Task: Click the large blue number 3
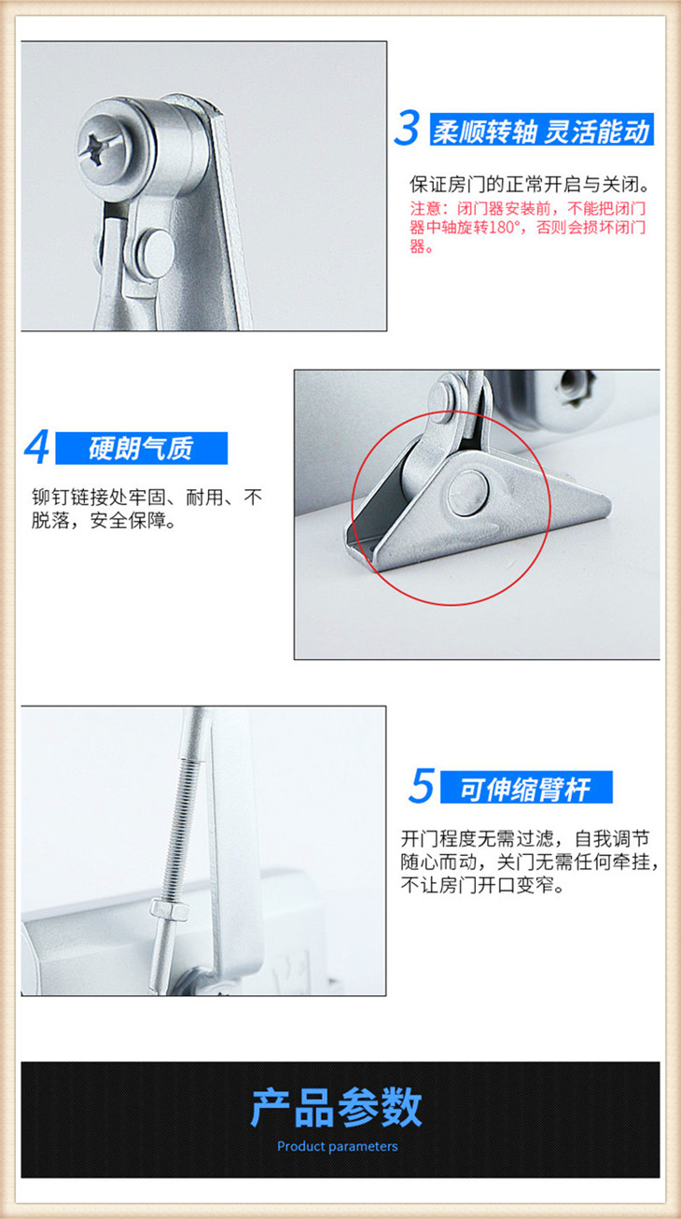click(x=407, y=129)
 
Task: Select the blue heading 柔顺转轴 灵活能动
click(x=541, y=130)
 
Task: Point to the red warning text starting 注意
click(x=528, y=227)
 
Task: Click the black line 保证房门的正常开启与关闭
click(x=530, y=185)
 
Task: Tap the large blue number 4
click(x=37, y=447)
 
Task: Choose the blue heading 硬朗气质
click(x=141, y=448)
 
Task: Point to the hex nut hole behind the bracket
click(x=571, y=387)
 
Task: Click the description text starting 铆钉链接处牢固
click(x=146, y=509)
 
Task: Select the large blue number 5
click(x=421, y=786)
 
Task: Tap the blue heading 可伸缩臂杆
click(x=526, y=787)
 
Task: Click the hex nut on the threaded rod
click(x=169, y=909)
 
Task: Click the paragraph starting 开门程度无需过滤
click(x=529, y=862)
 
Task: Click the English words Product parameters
click(x=338, y=1146)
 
